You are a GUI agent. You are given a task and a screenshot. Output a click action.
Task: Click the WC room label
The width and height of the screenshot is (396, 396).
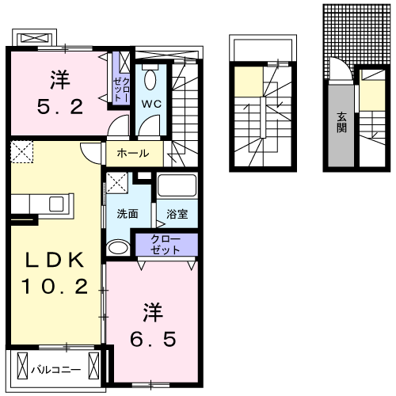point(152,104)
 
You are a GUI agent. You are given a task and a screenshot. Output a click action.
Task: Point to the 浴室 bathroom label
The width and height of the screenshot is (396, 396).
point(177,214)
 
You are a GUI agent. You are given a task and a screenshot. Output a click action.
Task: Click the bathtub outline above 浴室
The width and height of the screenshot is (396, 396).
point(177,186)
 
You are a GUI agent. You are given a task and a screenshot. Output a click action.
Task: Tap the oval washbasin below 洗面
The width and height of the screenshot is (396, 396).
point(116,248)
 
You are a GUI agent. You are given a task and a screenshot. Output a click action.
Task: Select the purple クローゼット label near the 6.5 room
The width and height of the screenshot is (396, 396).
point(166,244)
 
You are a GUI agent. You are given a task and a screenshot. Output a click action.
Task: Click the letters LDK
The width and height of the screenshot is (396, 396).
point(55,261)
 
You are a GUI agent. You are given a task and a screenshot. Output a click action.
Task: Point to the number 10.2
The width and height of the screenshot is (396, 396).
point(55,288)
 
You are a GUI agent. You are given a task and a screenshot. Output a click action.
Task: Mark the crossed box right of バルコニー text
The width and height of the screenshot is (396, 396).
point(96,368)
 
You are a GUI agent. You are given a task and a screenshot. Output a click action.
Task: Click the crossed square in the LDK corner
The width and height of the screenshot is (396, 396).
point(21,150)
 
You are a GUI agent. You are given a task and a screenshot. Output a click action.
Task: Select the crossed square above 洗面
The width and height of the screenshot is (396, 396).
point(116,183)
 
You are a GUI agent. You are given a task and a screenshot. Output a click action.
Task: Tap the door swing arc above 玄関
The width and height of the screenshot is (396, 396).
point(339,71)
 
